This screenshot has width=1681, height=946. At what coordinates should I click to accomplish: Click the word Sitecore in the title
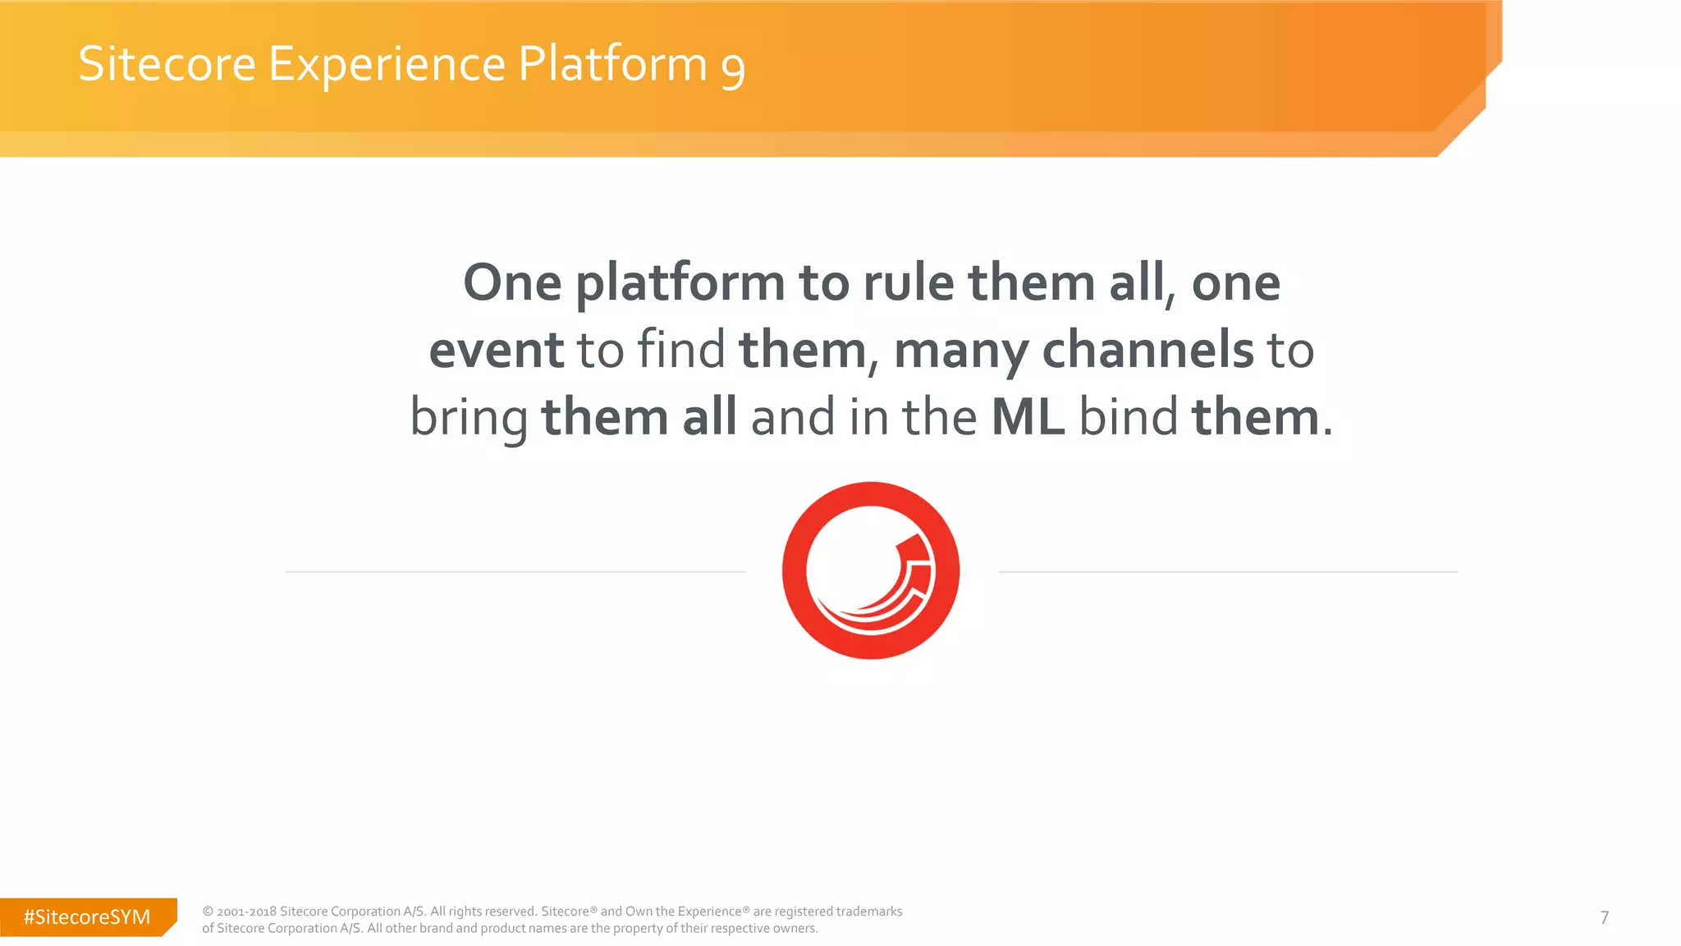pos(167,64)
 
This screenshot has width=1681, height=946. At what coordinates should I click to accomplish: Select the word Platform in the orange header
pos(612,64)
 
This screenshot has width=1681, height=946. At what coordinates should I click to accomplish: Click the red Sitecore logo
pos(871,571)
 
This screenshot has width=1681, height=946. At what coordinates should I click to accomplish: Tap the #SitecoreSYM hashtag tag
pos(87,917)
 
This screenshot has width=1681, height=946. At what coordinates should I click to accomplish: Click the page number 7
pos(1604,917)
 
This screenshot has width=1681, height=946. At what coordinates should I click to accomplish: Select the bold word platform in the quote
pos(680,284)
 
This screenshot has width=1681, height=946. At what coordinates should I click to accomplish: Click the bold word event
pos(496,350)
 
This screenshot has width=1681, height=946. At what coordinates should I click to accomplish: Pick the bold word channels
pos(1147,350)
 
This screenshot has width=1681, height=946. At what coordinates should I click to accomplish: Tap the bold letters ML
pos(1028,417)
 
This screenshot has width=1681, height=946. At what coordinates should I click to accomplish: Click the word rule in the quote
pos(908,282)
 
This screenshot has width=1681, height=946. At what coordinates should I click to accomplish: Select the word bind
pos(1128,417)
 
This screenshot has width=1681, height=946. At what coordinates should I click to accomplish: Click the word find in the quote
pos(681,349)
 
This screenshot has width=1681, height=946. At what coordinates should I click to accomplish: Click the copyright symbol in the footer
pos(208,912)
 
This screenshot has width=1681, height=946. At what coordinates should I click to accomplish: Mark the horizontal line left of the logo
pos(515,572)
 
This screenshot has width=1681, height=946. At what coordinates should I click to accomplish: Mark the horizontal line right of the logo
pos(1228,572)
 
